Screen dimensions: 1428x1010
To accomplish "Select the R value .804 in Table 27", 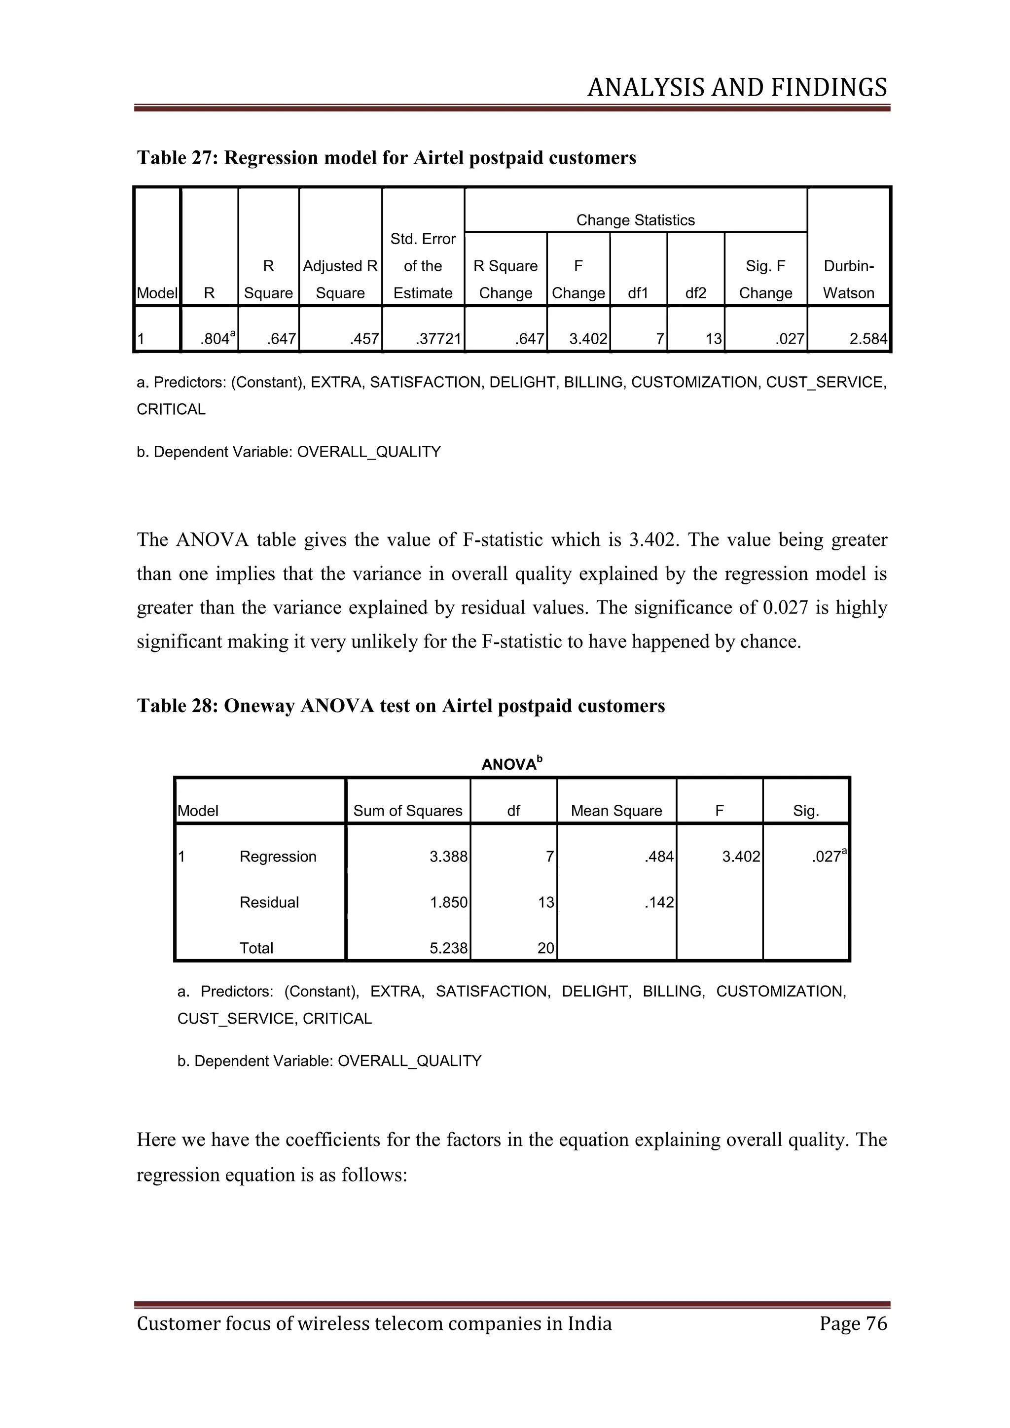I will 215,339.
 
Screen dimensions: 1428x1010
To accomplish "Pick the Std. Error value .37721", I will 438,339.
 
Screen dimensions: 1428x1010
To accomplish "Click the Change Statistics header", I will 635,220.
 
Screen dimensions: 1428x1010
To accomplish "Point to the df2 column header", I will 695,293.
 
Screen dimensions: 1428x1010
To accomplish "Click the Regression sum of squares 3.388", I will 448,857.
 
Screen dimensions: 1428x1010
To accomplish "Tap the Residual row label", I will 269,902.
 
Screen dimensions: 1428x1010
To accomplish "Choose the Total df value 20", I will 545,948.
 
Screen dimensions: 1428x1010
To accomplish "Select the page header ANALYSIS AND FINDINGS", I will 736,88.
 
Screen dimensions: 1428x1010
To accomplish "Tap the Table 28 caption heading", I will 400,706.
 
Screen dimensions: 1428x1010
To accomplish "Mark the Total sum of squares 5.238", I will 448,948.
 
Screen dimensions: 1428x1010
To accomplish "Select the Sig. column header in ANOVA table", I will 805,811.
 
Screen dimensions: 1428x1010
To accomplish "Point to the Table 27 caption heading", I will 386,158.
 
